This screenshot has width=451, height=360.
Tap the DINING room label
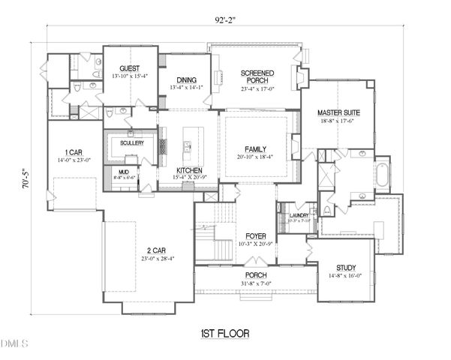point(186,80)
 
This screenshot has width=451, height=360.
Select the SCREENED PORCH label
point(257,77)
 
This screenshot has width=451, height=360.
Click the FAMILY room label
point(256,149)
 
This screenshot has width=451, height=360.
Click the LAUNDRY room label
point(299,216)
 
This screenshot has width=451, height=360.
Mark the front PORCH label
point(256,275)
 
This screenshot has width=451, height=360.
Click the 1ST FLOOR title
point(224,332)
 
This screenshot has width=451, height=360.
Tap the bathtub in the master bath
point(382,175)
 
